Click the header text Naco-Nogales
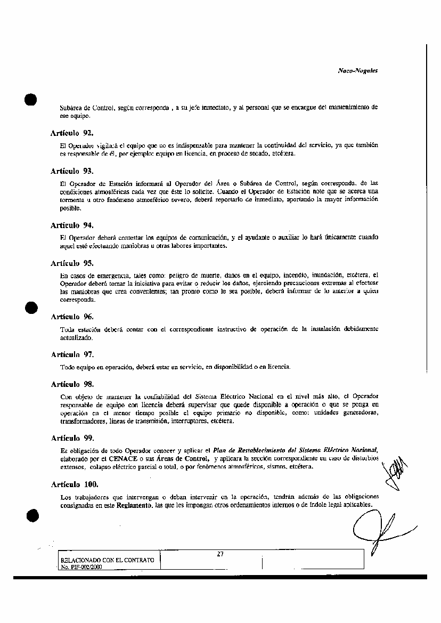click(x=358, y=70)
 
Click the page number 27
click(x=220, y=554)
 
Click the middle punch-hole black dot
click(x=31, y=308)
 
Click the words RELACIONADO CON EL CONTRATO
click(x=108, y=561)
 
